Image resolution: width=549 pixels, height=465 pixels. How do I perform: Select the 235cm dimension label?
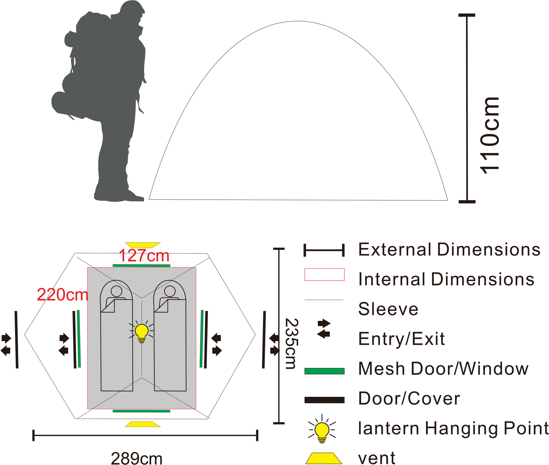tap(291, 344)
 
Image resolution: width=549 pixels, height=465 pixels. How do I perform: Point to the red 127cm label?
tap(144, 256)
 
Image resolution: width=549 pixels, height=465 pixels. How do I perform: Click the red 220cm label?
tap(63, 295)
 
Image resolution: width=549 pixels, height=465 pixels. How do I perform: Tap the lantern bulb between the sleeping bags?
tap(142, 333)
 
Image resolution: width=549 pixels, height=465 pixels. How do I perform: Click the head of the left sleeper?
tap(116, 291)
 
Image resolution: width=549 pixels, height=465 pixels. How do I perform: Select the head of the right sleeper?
tap(170, 291)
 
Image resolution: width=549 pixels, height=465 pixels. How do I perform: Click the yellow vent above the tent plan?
tap(143, 245)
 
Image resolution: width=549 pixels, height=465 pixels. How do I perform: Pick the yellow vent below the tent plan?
tap(143, 424)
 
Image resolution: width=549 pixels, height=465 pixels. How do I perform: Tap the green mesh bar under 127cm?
tap(141, 266)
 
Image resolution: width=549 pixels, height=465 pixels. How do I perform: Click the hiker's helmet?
tap(132, 8)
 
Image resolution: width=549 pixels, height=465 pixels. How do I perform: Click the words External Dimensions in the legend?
tap(449, 250)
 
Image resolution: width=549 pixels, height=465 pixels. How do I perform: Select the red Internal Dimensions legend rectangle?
tap(324, 275)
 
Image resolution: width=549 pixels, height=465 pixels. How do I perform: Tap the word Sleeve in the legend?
tap(388, 309)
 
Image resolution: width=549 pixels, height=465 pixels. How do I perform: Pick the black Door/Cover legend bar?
tap(324, 400)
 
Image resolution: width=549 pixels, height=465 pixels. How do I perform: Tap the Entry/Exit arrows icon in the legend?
tap(324, 329)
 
